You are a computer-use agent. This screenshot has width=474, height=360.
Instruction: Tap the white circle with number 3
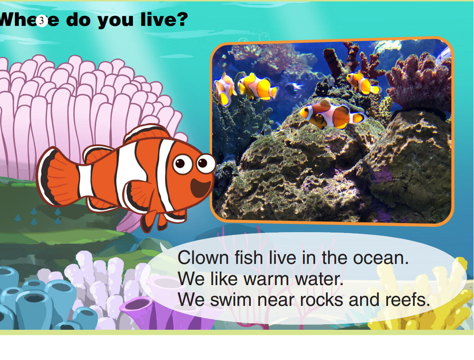42,21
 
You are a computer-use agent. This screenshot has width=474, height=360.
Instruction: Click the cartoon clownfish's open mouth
200,188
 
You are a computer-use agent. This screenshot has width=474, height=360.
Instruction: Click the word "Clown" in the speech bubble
202,258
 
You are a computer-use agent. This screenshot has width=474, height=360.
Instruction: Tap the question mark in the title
181,19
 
